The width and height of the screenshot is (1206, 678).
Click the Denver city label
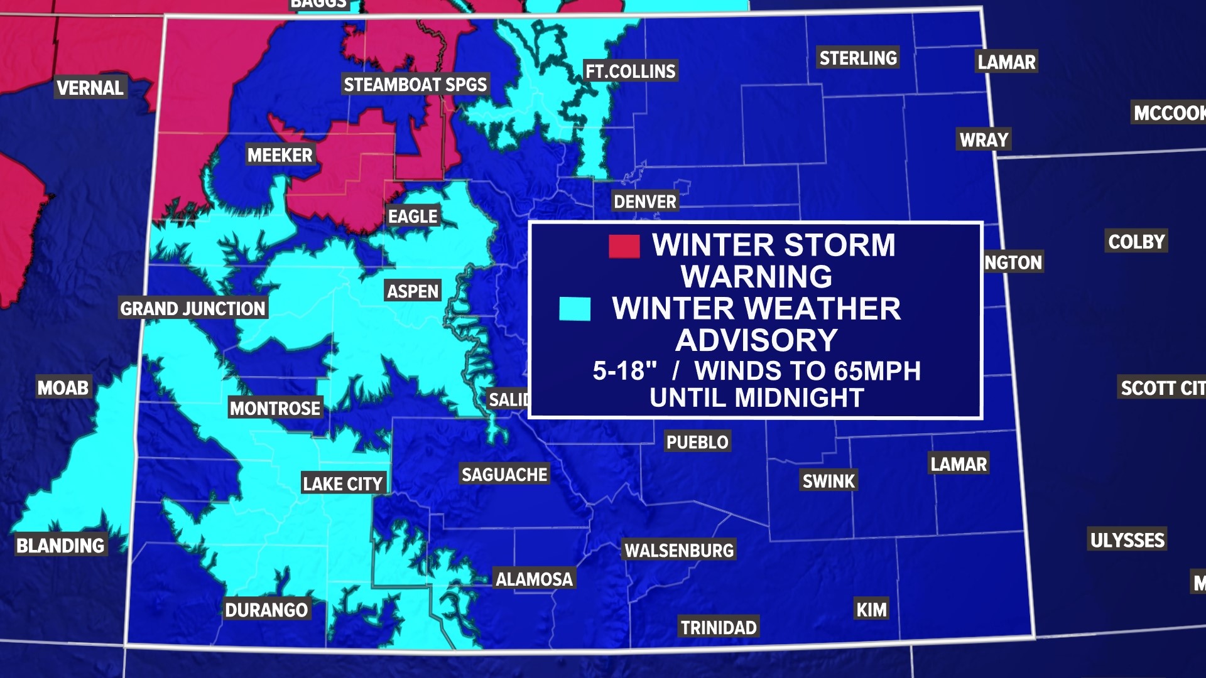[645, 202]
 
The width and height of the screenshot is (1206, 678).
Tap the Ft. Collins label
[630, 71]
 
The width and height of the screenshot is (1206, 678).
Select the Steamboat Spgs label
[415, 84]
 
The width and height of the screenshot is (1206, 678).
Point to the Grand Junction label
[193, 308]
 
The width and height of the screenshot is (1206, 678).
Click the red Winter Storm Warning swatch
[624, 246]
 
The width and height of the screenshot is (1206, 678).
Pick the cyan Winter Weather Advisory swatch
[575, 309]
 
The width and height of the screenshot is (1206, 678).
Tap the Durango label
[266, 610]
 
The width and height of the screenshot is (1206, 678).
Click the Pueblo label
[697, 442]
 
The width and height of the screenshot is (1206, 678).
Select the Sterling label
[858, 58]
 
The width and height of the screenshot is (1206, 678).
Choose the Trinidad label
[719, 627]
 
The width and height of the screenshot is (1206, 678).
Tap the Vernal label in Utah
[90, 87]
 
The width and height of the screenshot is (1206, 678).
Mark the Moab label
[63, 387]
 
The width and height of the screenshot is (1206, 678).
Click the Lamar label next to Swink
[959, 464]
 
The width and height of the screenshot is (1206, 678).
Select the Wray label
[984, 139]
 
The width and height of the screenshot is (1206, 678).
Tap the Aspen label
[412, 291]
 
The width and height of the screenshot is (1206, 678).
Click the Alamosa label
[534, 579]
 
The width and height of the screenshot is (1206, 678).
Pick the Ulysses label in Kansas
[1127, 540]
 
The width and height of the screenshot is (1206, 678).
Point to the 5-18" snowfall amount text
[624, 371]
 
